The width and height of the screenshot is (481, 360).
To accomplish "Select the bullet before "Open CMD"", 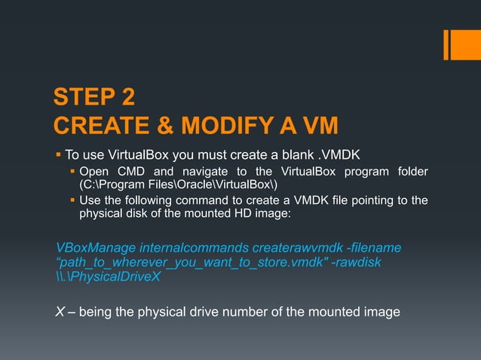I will coord(73,172).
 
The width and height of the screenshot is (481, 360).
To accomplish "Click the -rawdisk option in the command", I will coord(359,262).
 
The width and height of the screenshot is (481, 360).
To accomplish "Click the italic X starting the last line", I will coord(61,312).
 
